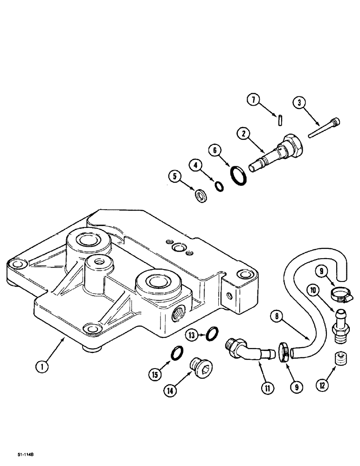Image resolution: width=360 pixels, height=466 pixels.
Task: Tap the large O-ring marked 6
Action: [239, 177]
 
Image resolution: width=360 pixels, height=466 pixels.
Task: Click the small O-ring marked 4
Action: [219, 186]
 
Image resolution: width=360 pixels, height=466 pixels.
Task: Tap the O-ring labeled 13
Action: [212, 333]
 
